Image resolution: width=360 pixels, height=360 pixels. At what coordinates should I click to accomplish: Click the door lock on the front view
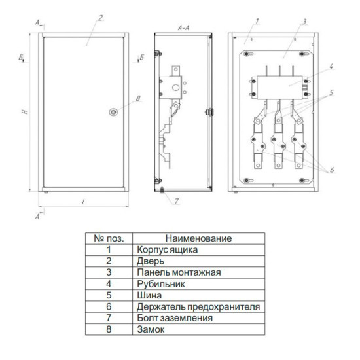(x=113, y=112)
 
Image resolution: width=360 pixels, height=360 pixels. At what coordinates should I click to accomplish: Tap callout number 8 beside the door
(x=138, y=98)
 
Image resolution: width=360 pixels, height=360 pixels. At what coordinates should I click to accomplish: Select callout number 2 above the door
(x=100, y=18)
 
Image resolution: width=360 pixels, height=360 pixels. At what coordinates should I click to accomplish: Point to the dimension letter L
(x=83, y=202)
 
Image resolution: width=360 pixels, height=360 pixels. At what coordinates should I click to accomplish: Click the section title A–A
(x=184, y=28)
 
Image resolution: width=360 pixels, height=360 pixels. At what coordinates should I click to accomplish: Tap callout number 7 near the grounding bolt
(x=176, y=201)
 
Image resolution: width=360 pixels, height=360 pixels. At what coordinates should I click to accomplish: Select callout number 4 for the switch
(x=331, y=67)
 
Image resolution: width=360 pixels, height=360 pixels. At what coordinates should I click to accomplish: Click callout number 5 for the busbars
(x=331, y=93)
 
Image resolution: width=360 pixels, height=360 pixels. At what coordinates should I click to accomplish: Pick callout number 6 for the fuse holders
(x=332, y=170)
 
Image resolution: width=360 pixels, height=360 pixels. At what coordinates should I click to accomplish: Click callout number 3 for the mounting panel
(x=304, y=22)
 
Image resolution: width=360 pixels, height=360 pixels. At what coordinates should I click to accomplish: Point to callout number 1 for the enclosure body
(x=257, y=22)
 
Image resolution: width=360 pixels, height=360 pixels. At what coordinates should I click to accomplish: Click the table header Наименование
(x=198, y=238)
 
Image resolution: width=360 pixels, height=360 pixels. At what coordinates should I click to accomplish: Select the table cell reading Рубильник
(x=161, y=284)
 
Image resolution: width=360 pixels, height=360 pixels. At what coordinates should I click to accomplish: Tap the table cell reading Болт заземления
(x=175, y=318)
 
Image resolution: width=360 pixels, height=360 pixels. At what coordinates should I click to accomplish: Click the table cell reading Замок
(x=151, y=329)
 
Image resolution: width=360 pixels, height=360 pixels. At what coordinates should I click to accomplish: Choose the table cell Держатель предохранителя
(x=198, y=307)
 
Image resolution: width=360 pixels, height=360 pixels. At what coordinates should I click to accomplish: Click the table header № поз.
(x=109, y=238)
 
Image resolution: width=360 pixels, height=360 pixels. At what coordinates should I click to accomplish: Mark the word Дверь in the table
(x=151, y=261)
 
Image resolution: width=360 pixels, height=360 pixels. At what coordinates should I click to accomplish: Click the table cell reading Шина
(x=149, y=295)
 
